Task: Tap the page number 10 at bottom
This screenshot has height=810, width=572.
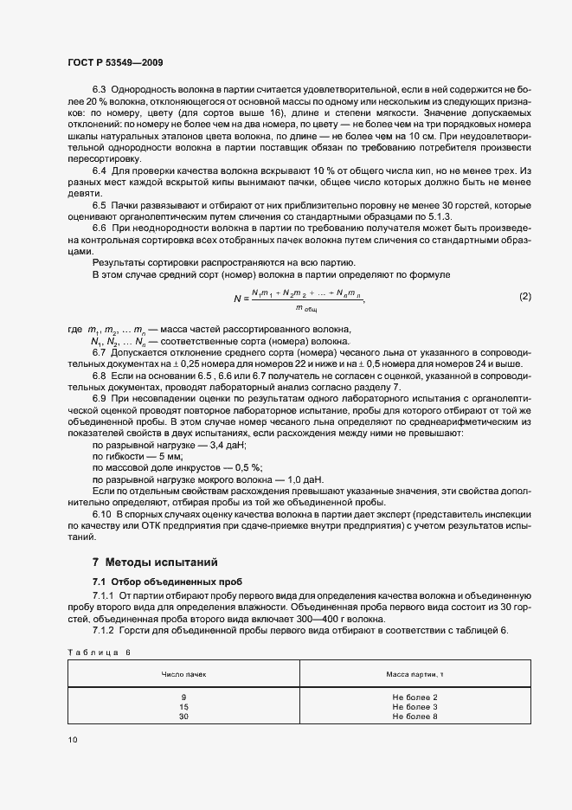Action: coord(72,739)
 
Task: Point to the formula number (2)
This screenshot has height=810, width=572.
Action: coord(524,297)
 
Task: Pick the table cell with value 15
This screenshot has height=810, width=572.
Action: coord(183,706)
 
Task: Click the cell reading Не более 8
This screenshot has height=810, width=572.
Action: coord(415,717)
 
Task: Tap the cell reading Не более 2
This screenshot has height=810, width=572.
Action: coord(415,697)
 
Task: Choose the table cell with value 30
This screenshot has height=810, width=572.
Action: coord(183,717)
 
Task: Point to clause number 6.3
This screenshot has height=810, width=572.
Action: coord(99,90)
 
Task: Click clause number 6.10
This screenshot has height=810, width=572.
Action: coord(101,514)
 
